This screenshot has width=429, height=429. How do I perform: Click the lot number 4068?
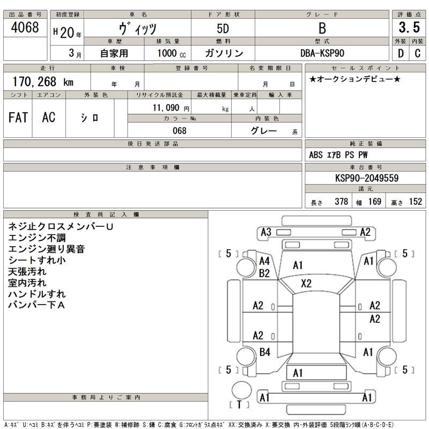(25, 28)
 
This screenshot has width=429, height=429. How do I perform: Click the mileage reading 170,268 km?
(43, 82)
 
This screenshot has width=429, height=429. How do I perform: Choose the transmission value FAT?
(18, 117)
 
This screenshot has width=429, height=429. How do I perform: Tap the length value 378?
(341, 202)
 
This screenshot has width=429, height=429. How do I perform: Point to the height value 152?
(415, 202)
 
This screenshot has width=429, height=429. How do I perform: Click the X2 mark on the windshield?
(306, 284)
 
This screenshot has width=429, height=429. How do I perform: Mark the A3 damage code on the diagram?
(265, 232)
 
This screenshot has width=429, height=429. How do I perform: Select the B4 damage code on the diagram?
(264, 352)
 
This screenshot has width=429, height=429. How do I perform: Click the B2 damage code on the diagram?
(264, 273)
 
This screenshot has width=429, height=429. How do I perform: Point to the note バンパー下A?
(36, 305)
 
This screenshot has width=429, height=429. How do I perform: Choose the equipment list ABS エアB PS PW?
(338, 155)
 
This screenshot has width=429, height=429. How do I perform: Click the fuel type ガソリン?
(224, 53)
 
